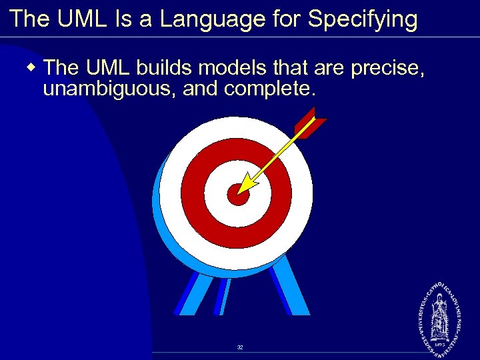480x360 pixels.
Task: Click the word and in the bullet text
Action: tap(201, 87)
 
